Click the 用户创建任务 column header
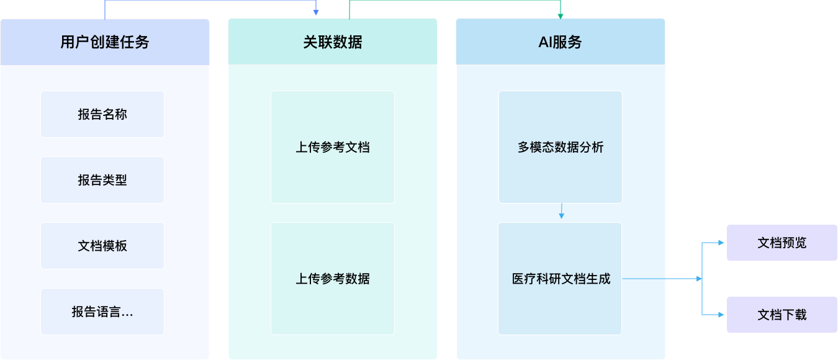point(105,42)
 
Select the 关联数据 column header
point(333,42)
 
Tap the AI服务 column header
point(561,42)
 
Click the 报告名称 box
point(102,114)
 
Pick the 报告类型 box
point(102,180)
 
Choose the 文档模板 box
point(102,246)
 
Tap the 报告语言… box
point(102,312)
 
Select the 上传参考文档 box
point(333,147)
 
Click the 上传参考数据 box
point(333,279)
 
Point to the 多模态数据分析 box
point(561,147)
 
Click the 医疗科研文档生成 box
point(561,279)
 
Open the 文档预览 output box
point(782,243)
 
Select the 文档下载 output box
point(782,315)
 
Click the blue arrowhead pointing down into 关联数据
point(316,12)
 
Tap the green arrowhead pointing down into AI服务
point(561,16)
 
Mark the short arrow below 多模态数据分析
point(561,211)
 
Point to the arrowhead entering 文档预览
point(721,243)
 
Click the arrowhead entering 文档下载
point(721,315)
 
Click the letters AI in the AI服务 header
point(545,42)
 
